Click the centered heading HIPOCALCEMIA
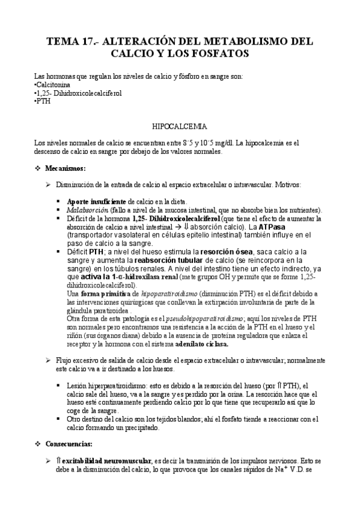click(180, 127)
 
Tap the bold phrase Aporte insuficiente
click(96, 201)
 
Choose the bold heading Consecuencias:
click(69, 444)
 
